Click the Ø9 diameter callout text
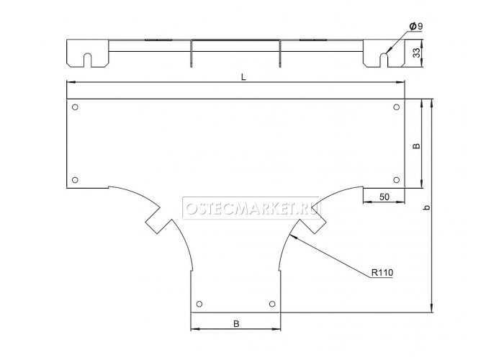point(416,27)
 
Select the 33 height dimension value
point(416,53)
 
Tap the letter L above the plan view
point(243,77)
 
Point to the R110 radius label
point(382,273)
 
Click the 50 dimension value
point(384,197)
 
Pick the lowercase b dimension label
point(426,207)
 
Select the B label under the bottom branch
point(236,324)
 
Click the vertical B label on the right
point(416,145)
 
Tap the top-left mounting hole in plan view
point(75,107)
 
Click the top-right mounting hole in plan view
point(396,107)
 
